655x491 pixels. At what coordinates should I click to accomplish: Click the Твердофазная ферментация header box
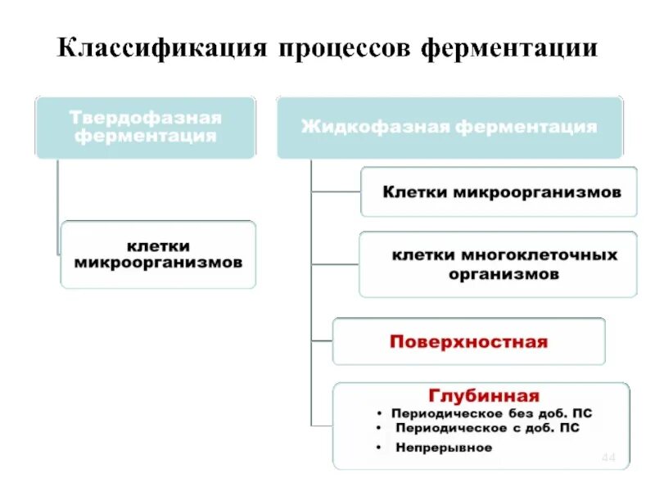[x=146, y=127]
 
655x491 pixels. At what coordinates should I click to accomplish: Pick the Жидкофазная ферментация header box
[x=449, y=127]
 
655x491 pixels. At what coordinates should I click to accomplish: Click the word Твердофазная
[x=146, y=117]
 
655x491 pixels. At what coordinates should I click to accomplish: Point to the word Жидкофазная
[x=375, y=127]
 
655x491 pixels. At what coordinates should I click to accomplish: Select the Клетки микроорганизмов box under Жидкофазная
[x=498, y=191]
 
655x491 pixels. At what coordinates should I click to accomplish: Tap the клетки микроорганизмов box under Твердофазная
[x=158, y=254]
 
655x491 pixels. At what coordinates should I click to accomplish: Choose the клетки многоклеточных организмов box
[x=498, y=264]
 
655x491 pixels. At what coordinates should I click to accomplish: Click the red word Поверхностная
[x=468, y=341]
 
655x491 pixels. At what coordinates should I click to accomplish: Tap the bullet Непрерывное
[x=444, y=448]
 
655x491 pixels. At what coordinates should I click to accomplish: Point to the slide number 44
[x=608, y=457]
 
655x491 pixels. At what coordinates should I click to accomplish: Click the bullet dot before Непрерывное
[x=381, y=448]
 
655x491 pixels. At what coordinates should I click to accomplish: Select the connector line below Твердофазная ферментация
[x=58, y=205]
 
